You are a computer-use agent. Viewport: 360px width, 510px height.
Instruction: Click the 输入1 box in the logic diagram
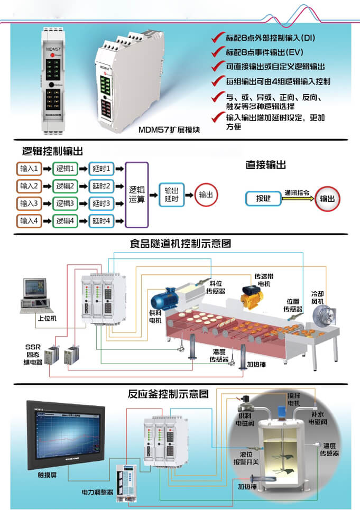point(29,169)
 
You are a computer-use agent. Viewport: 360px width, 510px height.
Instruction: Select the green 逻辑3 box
point(66,203)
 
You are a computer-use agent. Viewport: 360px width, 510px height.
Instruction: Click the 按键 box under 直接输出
point(263,198)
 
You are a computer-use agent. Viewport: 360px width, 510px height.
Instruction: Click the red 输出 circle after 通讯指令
point(328,199)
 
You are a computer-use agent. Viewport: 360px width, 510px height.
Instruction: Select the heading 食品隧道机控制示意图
point(180,244)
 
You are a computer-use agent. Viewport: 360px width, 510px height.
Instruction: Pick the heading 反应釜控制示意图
point(168,394)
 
